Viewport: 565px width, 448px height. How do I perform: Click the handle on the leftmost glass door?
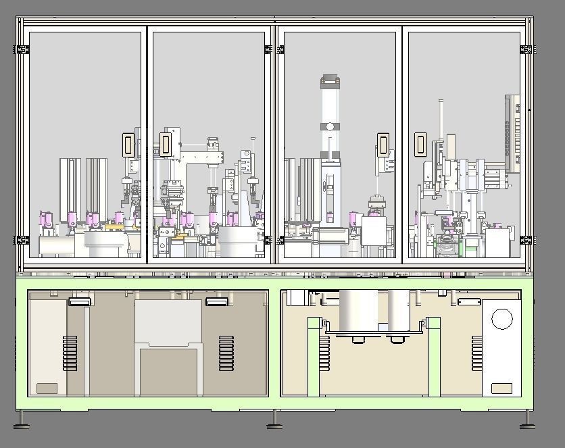(127, 145)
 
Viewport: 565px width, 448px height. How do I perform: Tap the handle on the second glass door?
(165, 144)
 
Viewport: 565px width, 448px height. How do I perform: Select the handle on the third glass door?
(383, 145)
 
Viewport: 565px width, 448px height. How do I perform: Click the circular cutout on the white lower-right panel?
(501, 319)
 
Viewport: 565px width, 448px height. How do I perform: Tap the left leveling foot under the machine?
(22, 424)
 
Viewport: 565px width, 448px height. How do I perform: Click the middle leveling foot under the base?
(274, 424)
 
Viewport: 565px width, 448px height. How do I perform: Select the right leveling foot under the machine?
(527, 424)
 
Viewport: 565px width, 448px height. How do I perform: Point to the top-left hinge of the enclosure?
(22, 49)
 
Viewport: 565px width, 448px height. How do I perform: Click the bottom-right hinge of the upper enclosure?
(526, 240)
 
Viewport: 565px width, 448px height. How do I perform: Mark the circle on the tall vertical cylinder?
(330, 126)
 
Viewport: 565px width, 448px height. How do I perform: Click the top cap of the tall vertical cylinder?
(330, 82)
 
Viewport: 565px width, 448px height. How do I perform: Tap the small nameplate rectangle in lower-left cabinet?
(47, 388)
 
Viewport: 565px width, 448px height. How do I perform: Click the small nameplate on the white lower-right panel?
(501, 389)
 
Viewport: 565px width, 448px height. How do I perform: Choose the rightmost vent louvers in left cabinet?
(226, 353)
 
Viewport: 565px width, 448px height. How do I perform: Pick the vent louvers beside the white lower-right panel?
(477, 353)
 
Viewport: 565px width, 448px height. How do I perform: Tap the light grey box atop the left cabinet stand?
(168, 322)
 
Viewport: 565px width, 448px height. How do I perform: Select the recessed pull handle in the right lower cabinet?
(469, 302)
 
